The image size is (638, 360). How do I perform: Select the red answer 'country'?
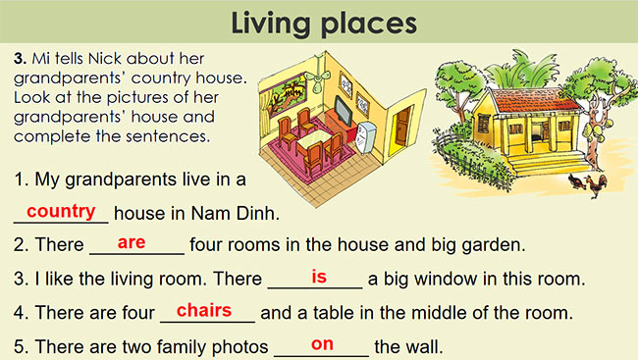pyautogui.click(x=61, y=211)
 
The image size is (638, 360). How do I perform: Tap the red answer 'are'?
pyautogui.click(x=131, y=241)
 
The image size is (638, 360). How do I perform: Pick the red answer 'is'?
pyautogui.click(x=319, y=276)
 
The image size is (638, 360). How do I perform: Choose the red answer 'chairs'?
pyautogui.click(x=203, y=310)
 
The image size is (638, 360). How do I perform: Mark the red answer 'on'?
pyautogui.click(x=322, y=343)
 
